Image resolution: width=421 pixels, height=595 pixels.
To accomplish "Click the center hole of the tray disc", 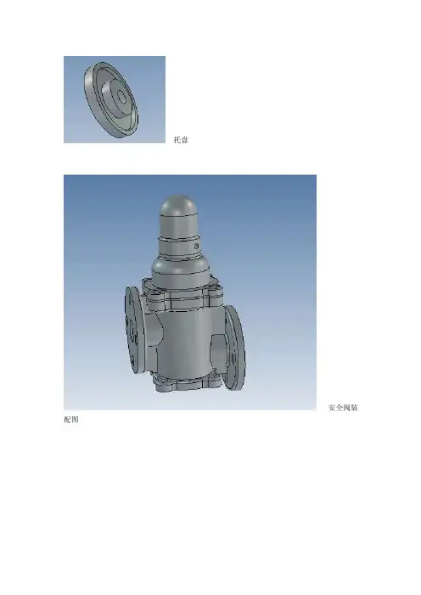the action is tap(121, 97).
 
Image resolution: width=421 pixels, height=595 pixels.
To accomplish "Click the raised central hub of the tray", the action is tap(116, 98).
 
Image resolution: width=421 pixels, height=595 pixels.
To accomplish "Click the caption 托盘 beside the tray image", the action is tap(181, 140).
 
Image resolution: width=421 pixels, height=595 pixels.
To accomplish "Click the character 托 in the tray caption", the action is tap(177, 140).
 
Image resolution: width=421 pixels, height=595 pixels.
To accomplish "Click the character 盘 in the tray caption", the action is tap(185, 140).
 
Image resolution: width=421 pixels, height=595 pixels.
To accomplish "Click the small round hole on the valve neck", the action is tap(196, 247).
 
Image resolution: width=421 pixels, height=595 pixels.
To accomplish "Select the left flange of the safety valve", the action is tap(133, 330).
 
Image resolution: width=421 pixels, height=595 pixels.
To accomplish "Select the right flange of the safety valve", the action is tap(236, 348).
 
